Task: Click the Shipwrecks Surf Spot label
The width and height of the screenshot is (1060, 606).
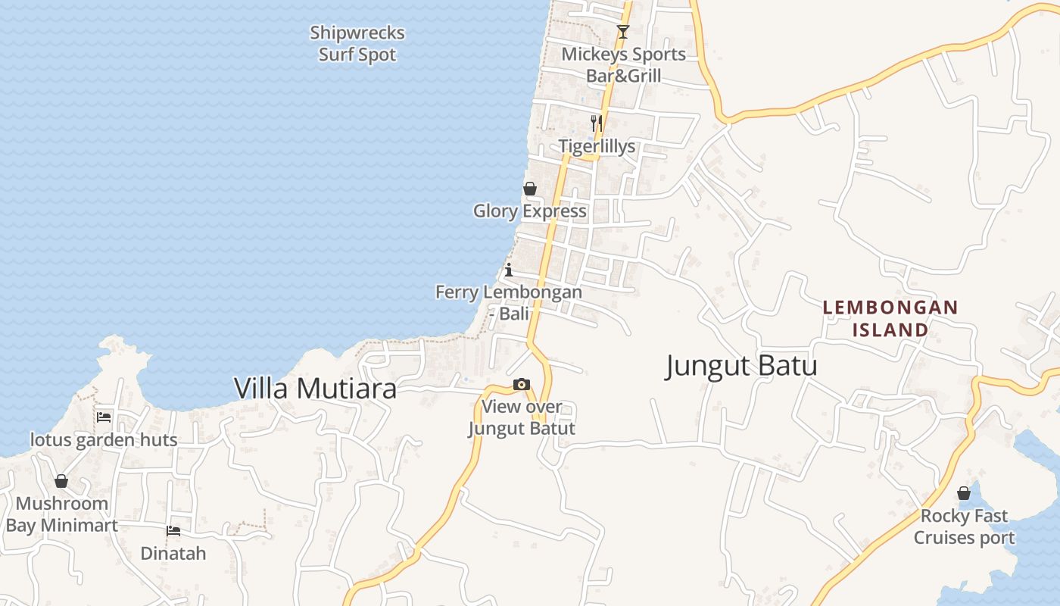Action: [x=357, y=44]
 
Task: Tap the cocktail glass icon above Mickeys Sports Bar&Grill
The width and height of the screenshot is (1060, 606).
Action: [x=622, y=32]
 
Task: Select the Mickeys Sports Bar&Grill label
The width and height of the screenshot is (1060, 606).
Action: [x=623, y=65]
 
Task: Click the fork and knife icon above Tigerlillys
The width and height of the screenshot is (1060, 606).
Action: [x=597, y=123]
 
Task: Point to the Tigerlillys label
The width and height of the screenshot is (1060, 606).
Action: [x=597, y=146]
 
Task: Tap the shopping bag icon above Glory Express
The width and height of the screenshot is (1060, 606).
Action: [x=530, y=189]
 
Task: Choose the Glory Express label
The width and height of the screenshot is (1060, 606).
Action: [x=530, y=211]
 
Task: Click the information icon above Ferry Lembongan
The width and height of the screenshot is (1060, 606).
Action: [x=509, y=270]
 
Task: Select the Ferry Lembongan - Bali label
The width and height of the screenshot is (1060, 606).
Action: [x=509, y=302]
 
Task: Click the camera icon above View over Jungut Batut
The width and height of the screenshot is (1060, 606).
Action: [x=522, y=385]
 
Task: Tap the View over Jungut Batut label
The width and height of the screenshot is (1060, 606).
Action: [x=522, y=417]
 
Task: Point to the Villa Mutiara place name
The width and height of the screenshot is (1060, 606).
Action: [x=315, y=389]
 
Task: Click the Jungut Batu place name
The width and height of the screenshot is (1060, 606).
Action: [x=741, y=367]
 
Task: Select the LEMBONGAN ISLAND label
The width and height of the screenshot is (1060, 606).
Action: [x=890, y=319]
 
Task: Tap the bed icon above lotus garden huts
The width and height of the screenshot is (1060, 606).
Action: [x=104, y=417]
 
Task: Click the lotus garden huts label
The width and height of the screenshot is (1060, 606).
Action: [x=104, y=440]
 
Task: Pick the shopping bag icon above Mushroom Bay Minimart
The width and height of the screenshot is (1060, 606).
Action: [x=61, y=481]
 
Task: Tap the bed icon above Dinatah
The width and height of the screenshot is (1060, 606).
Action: [x=173, y=531]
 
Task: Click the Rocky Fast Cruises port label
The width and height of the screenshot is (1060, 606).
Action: [x=964, y=526]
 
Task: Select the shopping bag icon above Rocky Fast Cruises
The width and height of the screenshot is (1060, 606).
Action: [x=964, y=493]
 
